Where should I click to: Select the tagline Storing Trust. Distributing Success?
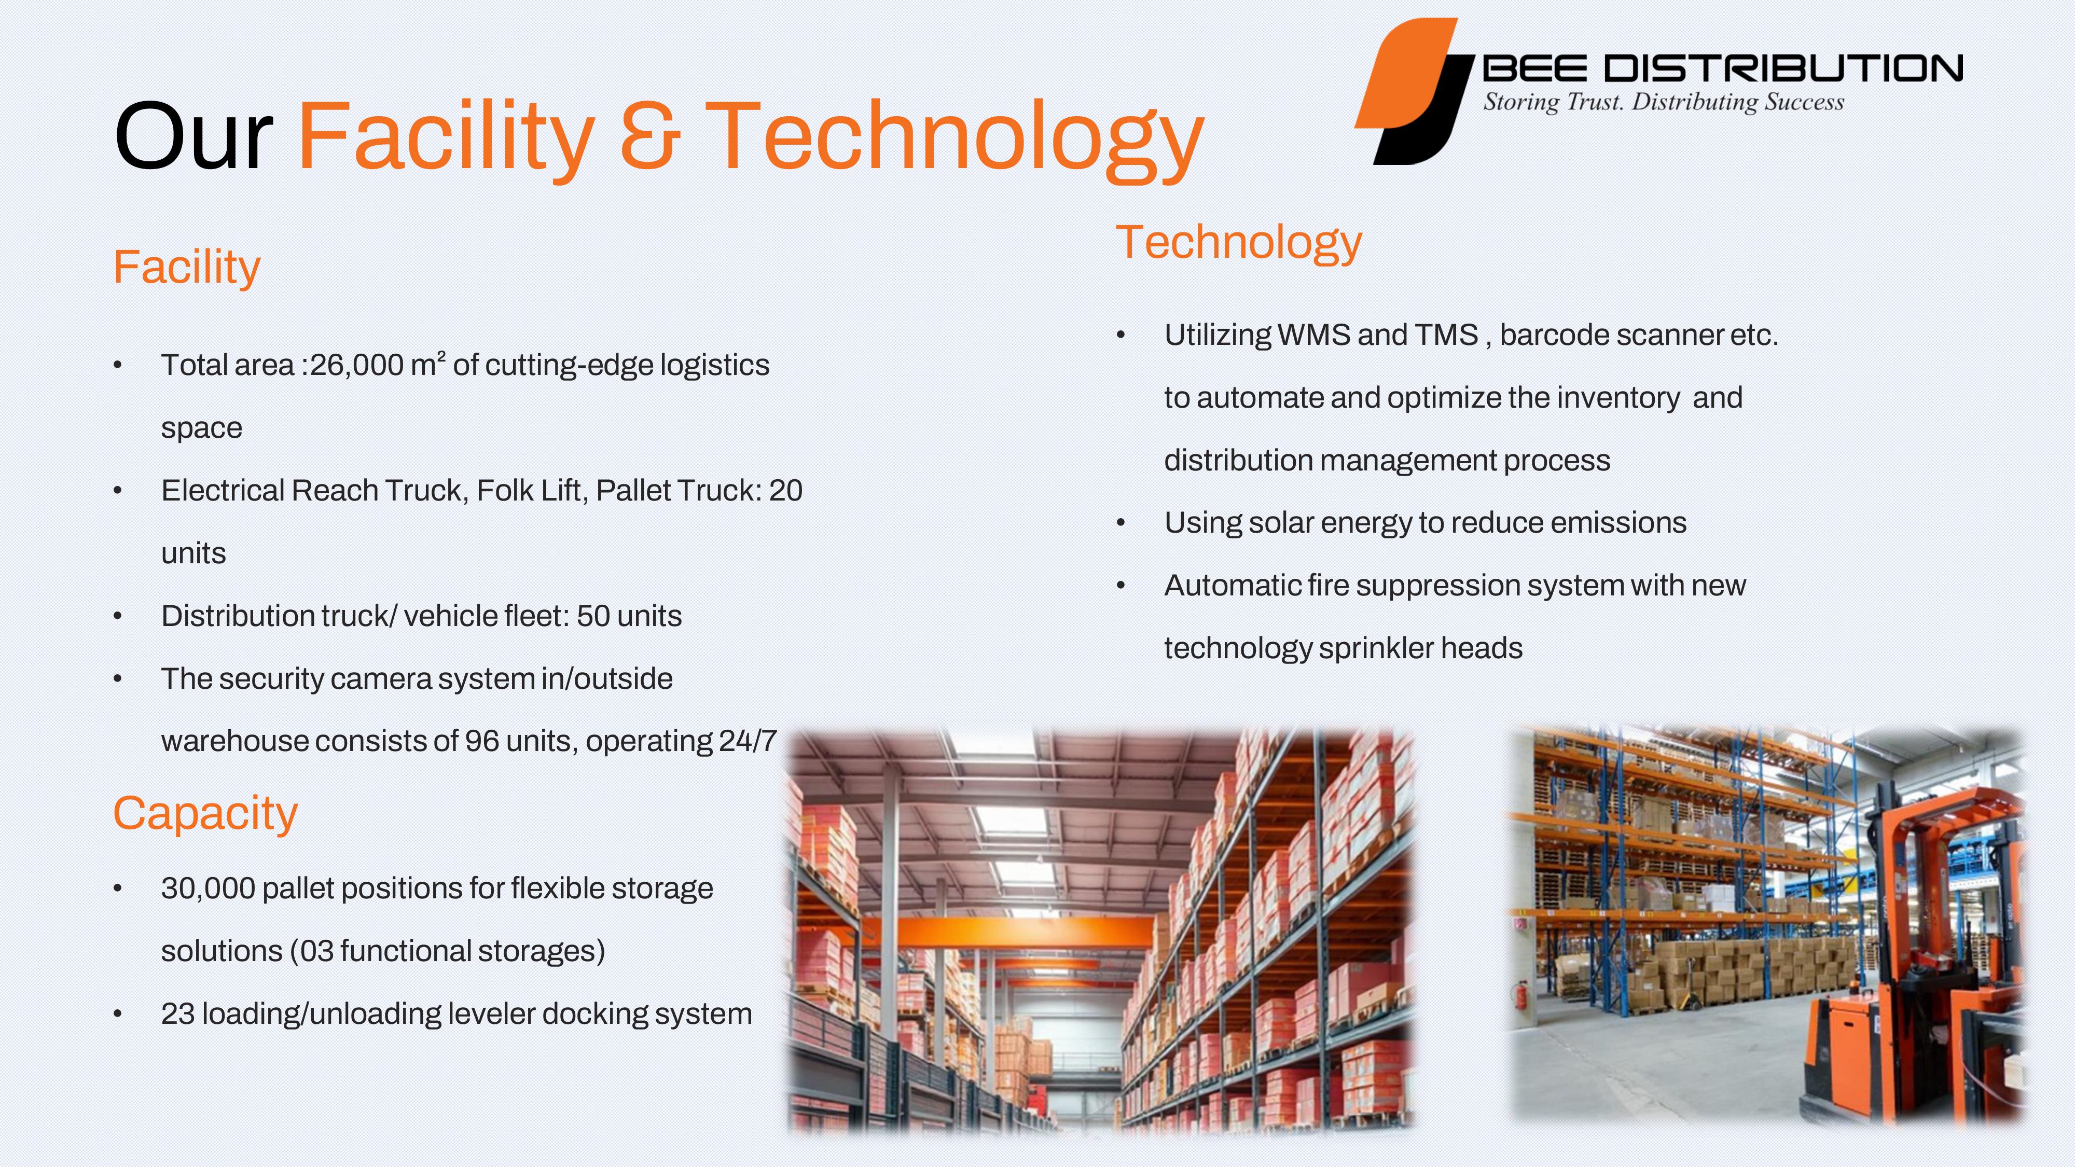point(1664,102)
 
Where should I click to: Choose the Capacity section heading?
point(205,813)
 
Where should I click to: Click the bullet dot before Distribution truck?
point(118,617)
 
